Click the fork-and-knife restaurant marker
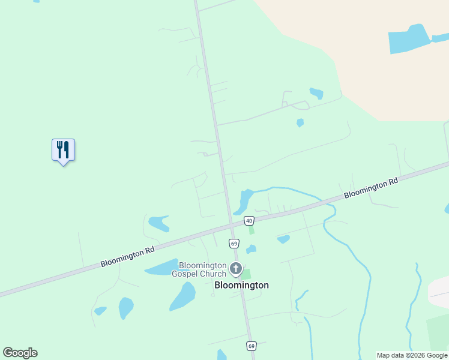tap(63, 150)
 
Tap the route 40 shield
tap(249, 221)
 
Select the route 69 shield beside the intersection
tap(234, 243)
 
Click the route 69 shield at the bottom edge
tap(252, 346)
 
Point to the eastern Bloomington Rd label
tap(371, 188)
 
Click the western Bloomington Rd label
tap(127, 258)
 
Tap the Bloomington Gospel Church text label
tap(199, 269)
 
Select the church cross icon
tap(236, 268)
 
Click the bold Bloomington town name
tap(241, 286)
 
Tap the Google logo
tap(20, 353)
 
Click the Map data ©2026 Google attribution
tap(412, 355)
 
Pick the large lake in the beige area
tap(409, 40)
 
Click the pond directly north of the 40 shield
tap(245, 201)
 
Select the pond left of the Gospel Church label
tap(161, 268)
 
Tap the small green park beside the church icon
tap(246, 274)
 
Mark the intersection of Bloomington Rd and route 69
tap(232, 226)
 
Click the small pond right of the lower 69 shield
tap(251, 249)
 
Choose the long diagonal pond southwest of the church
tap(183, 296)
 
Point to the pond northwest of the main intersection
tap(159, 223)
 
